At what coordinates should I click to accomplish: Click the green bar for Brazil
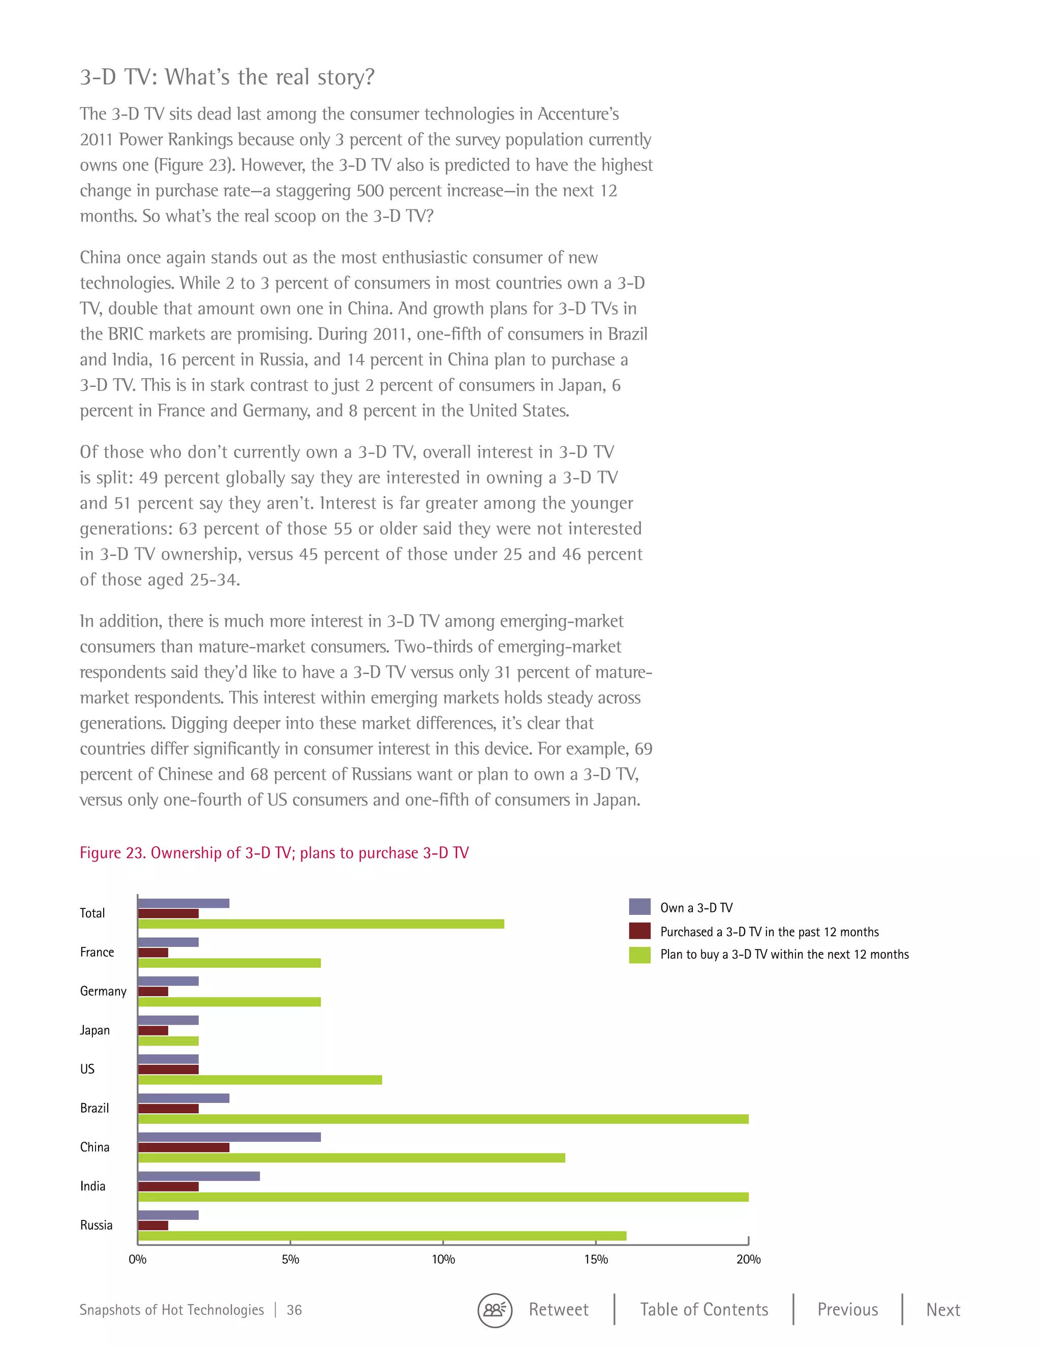click(x=443, y=1119)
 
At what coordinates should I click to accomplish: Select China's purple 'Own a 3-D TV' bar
click(x=229, y=1137)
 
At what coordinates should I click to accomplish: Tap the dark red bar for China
click(x=183, y=1147)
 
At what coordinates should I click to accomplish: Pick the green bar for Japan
click(x=168, y=1041)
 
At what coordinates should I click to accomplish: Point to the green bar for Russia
click(x=382, y=1235)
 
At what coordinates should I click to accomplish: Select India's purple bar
click(x=199, y=1176)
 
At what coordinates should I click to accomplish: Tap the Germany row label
click(x=103, y=991)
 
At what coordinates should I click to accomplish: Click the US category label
click(x=87, y=1069)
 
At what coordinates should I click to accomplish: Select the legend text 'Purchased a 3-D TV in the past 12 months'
click(x=769, y=931)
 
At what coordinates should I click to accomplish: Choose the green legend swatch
click(x=639, y=955)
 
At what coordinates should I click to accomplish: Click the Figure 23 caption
click(x=274, y=852)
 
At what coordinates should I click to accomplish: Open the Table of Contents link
click(x=703, y=1309)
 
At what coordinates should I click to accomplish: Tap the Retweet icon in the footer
click(x=495, y=1310)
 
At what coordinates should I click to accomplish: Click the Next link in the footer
click(x=943, y=1309)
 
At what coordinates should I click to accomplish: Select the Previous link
click(x=847, y=1309)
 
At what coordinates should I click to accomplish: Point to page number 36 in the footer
click(x=294, y=1310)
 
